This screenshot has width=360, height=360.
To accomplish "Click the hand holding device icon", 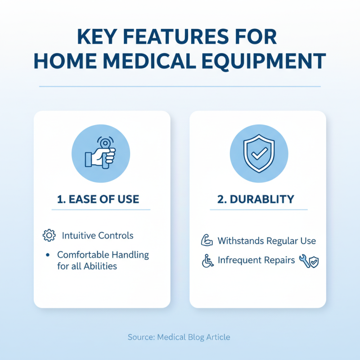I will [101, 153].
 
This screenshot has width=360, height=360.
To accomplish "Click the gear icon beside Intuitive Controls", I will [49, 235].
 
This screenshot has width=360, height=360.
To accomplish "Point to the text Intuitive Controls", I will [98, 235].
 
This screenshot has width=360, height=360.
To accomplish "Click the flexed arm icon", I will [207, 241].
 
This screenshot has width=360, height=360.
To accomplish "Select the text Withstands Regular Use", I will [266, 241].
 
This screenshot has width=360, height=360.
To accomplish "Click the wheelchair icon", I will [207, 261].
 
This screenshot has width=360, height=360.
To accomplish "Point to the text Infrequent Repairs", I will [256, 261].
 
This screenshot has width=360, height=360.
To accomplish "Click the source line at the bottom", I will [179, 337].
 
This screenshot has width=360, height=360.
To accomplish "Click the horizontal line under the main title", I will [180, 86].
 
